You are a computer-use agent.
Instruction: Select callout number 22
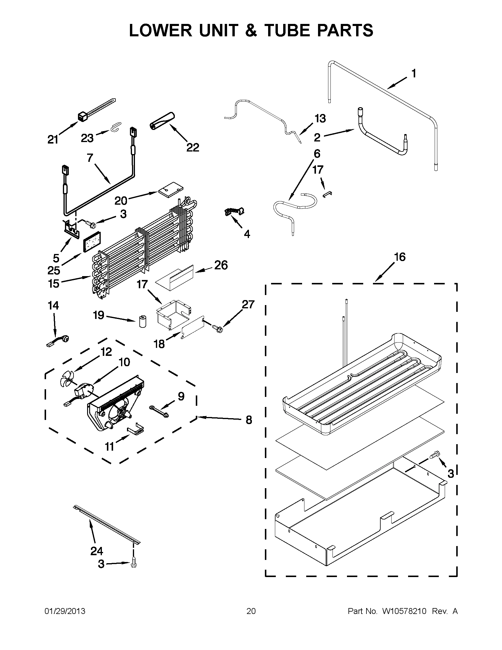pyautogui.click(x=193, y=147)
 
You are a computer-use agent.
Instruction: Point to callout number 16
pyautogui.click(x=400, y=257)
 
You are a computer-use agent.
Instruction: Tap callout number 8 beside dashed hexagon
pyautogui.click(x=249, y=420)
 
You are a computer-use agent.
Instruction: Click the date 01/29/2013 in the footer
pyautogui.click(x=65, y=611)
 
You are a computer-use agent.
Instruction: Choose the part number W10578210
pyautogui.click(x=404, y=611)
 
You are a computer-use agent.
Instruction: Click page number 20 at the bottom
pyautogui.click(x=251, y=611)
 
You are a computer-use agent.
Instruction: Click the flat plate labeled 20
pyautogui.click(x=171, y=190)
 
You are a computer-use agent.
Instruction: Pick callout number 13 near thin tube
pyautogui.click(x=320, y=119)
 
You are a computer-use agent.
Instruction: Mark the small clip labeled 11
pyautogui.click(x=136, y=428)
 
